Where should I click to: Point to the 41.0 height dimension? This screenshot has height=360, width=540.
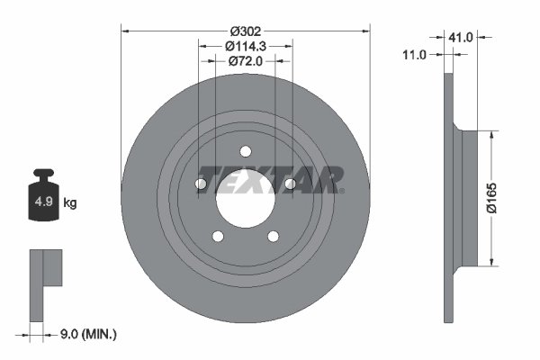[463, 37]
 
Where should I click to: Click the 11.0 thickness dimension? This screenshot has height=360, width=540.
[414, 55]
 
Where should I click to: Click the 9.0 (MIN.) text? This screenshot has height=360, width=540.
[87, 334]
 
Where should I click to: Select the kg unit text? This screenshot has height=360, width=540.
[70, 203]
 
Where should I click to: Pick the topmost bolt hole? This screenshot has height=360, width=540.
[246, 150]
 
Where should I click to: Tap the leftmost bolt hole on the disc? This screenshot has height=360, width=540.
[201, 184]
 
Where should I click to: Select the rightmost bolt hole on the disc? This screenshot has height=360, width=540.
[290, 184]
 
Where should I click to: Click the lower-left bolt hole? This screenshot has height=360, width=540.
[218, 237]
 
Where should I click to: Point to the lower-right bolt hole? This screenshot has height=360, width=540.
[274, 237]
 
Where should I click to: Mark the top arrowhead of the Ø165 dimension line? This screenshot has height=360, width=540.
[491, 134]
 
